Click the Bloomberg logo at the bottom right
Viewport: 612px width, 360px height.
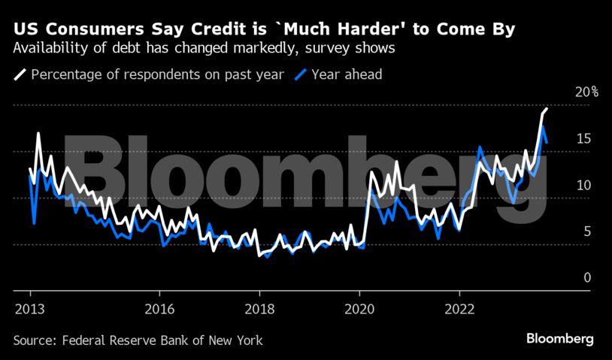[x=560, y=339]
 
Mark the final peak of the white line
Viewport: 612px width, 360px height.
[x=546, y=109]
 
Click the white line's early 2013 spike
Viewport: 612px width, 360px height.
[x=38, y=134]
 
